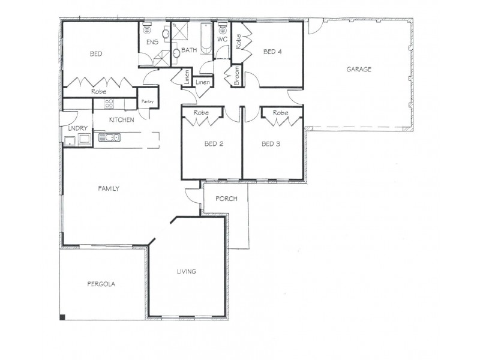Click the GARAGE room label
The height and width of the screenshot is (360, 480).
[x=359, y=70]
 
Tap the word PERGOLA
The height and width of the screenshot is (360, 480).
[x=101, y=284]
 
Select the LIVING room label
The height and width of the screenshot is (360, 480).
[x=186, y=272]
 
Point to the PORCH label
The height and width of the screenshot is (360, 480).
[x=226, y=199]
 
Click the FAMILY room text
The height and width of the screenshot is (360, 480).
[x=109, y=188]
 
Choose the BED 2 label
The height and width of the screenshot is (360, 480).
[x=214, y=144]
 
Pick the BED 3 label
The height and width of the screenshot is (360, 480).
[x=272, y=144]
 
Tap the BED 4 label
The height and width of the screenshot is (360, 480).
[x=272, y=52]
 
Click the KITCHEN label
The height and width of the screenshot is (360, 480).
[x=121, y=120]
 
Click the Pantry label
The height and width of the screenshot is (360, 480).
[x=148, y=102]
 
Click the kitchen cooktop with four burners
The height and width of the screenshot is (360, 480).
[x=109, y=104]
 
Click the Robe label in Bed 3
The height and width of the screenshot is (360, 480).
[x=280, y=113]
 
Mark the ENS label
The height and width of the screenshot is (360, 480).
[x=152, y=43]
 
